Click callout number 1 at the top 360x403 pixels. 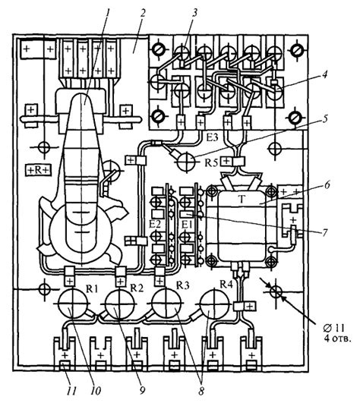click(x=109, y=13)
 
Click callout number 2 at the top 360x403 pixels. click(x=142, y=13)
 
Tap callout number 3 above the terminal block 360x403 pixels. click(x=194, y=13)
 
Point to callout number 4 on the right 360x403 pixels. click(x=324, y=75)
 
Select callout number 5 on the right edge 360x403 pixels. click(x=325, y=119)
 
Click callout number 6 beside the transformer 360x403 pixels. click(x=327, y=185)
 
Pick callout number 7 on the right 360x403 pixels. click(x=325, y=232)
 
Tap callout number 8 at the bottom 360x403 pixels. click(x=201, y=391)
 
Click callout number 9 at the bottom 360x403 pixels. click(x=142, y=391)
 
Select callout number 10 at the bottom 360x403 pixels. click(x=96, y=391)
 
